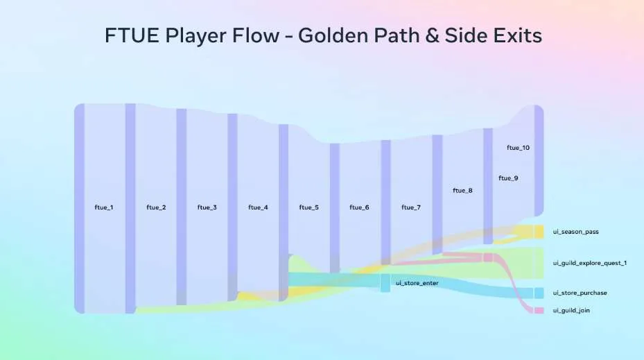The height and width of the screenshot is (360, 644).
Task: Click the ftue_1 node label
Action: coord(104,207)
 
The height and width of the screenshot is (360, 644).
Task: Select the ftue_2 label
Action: coord(156,207)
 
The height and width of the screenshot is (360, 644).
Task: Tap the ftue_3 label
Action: coord(207,207)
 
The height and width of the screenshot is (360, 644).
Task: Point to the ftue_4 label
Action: coord(258,207)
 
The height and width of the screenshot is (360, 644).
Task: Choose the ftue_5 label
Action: coord(309,207)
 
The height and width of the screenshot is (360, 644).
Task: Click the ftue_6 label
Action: coord(359,207)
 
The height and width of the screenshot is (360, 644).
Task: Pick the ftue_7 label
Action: coord(411,207)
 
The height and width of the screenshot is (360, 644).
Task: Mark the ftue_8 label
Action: coord(462,191)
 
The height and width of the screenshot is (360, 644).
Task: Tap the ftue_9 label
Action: coord(508,178)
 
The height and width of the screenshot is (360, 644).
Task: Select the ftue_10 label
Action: coord(519,148)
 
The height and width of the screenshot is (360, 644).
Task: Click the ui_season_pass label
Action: coord(576,232)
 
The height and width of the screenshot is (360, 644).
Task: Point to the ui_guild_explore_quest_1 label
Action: coord(590,263)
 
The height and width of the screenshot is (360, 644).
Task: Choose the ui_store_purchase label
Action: coord(580,293)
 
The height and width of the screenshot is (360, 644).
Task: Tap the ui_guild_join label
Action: coord(571,311)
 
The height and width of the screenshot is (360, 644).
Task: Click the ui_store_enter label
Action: coord(417,283)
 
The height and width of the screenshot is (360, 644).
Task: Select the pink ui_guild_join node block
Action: coord(539,311)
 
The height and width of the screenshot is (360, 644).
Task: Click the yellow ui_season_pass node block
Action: coord(539,232)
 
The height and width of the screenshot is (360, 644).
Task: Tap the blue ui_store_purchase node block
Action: coord(539,293)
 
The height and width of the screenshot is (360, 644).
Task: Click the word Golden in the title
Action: coord(332,35)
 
